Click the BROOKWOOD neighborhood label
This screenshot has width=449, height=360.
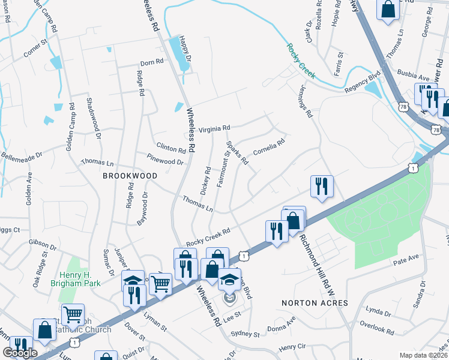point(130,176)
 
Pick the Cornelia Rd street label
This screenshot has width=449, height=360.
point(268,147)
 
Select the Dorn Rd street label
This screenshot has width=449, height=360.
point(151,62)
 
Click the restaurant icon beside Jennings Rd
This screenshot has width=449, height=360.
point(322,186)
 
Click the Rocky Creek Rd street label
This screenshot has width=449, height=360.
point(208,236)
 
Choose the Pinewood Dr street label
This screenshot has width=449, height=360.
point(165,159)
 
